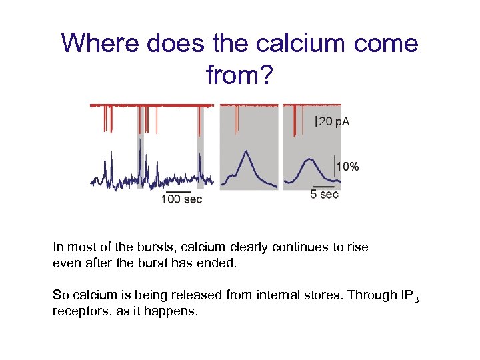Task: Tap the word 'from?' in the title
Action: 239,75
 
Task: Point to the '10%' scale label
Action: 348,167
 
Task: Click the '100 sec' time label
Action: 181,199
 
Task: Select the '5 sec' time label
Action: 325,195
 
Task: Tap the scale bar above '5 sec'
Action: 324,187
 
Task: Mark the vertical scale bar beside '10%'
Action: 335,165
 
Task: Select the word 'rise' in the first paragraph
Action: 357,247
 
